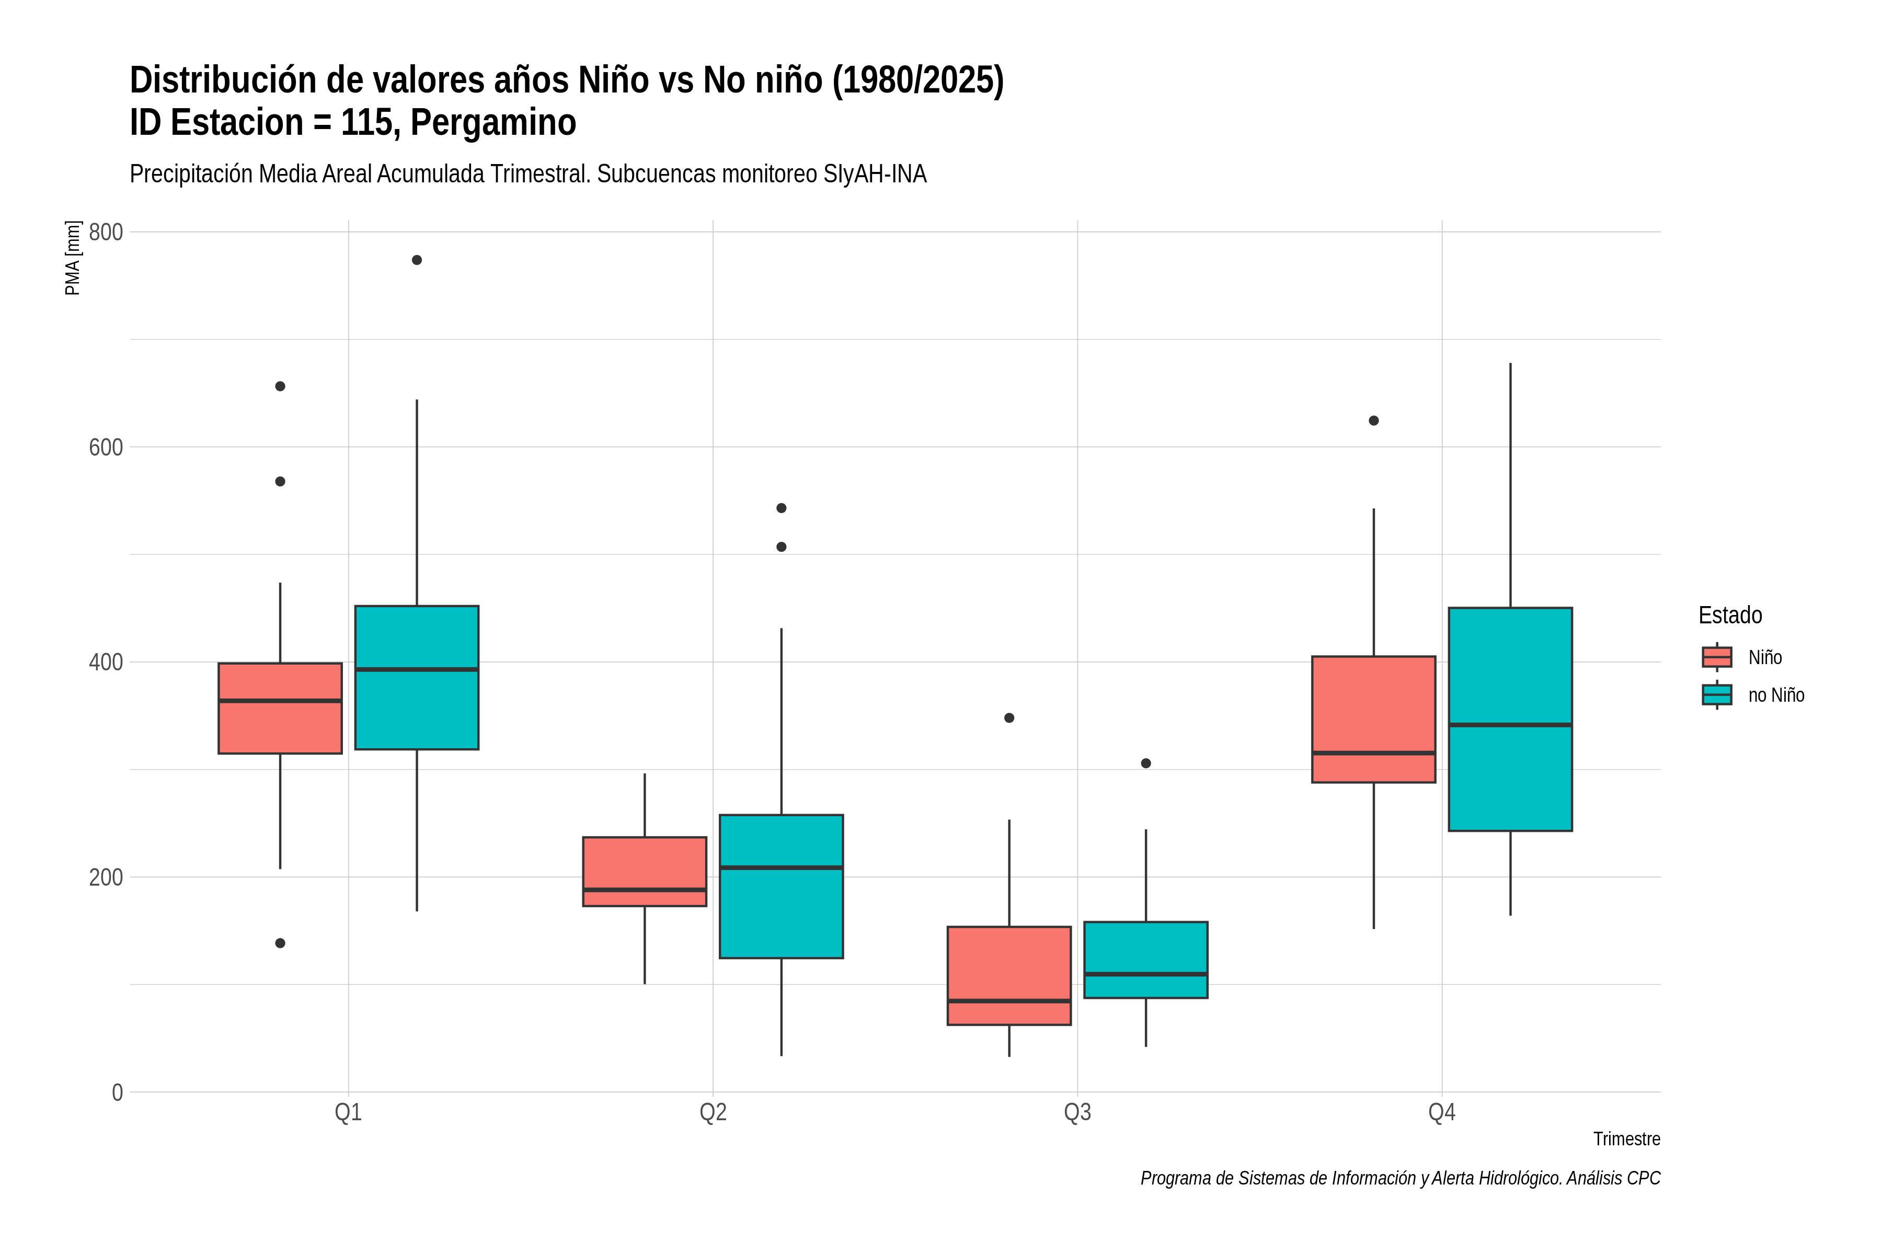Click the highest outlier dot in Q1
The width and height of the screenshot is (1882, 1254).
(x=417, y=260)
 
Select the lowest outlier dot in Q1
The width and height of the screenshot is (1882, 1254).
(x=280, y=943)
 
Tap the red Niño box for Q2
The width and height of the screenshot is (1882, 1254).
(x=645, y=872)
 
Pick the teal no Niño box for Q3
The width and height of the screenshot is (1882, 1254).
(x=1146, y=960)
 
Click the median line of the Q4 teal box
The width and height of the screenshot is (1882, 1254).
(x=1511, y=725)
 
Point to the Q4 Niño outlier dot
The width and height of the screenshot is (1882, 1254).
(x=1374, y=421)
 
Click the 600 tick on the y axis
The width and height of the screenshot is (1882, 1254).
(x=106, y=447)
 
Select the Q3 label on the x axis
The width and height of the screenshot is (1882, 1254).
(x=1077, y=1112)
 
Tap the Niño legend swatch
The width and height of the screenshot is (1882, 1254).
(x=1717, y=657)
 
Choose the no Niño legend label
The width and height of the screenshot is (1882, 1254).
(x=1776, y=695)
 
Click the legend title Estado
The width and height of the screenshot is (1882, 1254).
(x=1730, y=615)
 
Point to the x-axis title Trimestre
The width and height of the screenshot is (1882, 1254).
(x=1627, y=1139)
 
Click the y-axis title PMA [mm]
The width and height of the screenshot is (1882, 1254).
(x=73, y=258)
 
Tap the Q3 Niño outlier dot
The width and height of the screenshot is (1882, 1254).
(x=1009, y=718)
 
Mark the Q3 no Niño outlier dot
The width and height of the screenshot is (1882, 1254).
(x=1146, y=764)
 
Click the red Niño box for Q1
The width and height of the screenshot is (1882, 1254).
(x=280, y=708)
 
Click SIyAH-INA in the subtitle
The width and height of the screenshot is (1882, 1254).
(x=875, y=175)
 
